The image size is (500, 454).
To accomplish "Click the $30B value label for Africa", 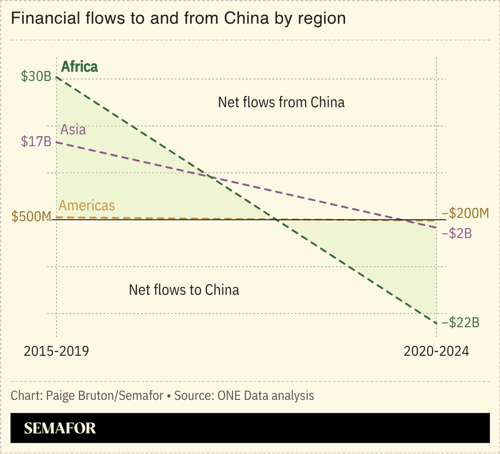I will click(36, 76).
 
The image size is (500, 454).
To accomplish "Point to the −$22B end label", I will click(460, 323).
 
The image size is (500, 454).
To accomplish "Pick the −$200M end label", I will click(465, 213).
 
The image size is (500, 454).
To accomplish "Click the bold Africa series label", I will click(79, 66).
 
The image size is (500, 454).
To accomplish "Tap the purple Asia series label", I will click(73, 129).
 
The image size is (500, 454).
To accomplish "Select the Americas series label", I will click(87, 205).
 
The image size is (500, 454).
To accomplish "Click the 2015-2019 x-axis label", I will click(56, 351).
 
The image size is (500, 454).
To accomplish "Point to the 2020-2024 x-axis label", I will click(436, 351).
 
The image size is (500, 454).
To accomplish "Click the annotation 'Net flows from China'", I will click(281, 102).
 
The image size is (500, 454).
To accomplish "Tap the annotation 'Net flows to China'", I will click(184, 290).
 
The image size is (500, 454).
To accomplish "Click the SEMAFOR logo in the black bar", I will click(60, 428).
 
